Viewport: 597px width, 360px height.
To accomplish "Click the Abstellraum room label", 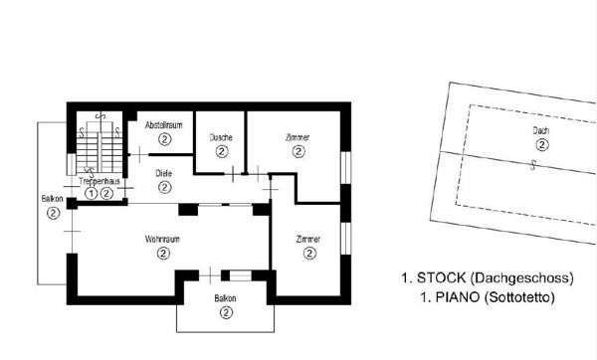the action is click(x=164, y=125).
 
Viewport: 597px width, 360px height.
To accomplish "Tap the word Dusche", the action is click(x=221, y=137).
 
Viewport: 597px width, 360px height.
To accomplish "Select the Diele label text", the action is click(x=164, y=173).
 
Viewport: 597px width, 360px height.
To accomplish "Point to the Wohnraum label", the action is click(x=162, y=240).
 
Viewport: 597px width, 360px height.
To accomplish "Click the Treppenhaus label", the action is click(x=99, y=181).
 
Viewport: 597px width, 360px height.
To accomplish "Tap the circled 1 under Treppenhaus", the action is click(x=91, y=194).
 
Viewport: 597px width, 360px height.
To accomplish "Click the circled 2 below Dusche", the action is click(x=222, y=151).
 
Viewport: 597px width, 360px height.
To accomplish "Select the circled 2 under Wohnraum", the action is click(x=163, y=253).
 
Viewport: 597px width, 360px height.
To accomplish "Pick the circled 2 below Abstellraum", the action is click(x=164, y=139).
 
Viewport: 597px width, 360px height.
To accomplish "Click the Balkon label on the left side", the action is click(x=52, y=199).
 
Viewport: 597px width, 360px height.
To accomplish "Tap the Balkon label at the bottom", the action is click(x=225, y=298).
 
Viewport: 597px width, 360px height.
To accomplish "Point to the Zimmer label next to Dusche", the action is click(x=298, y=137).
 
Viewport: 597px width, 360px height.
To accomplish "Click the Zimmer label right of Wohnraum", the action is click(x=308, y=240).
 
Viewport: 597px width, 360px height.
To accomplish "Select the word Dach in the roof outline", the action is click(x=540, y=131).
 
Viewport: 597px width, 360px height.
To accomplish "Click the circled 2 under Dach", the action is click(x=542, y=145).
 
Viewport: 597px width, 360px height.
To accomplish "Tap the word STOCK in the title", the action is click(x=442, y=277).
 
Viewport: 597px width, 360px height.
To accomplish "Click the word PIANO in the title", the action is click(x=458, y=297).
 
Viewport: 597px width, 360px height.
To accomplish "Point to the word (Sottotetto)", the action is click(x=519, y=297).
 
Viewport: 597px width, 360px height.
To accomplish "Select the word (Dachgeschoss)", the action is click(x=522, y=278).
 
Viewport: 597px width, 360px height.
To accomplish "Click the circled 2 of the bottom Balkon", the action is click(x=226, y=313).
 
